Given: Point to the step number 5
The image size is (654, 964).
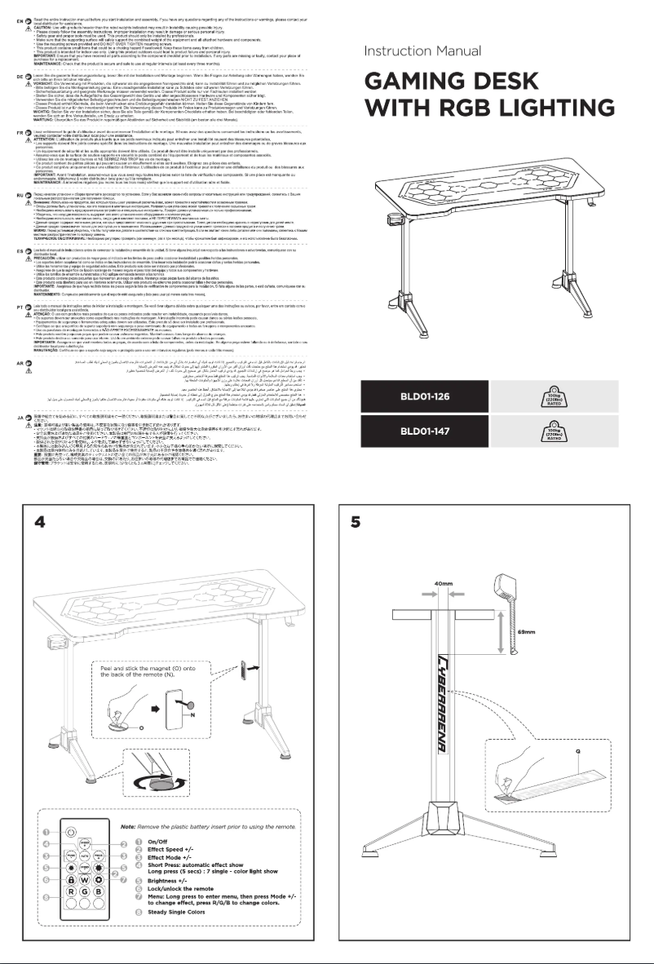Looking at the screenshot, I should click(x=356, y=523).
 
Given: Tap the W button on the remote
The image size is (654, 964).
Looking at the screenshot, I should click(x=85, y=880).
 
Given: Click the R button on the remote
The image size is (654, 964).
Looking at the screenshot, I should click(x=71, y=891).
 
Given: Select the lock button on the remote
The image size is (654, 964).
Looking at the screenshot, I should click(x=71, y=880).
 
